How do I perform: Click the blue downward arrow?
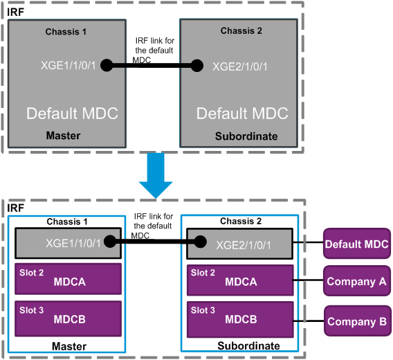(156, 176)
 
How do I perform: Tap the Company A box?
(356, 281)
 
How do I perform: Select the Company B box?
(357, 321)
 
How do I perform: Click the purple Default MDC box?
(356, 244)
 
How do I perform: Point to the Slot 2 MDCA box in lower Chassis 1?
(68, 279)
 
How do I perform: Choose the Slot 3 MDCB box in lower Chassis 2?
(240, 319)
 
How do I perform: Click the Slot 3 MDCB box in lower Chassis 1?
(68, 318)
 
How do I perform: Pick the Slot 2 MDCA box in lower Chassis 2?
(240, 280)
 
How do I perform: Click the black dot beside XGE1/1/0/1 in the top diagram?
(107, 66)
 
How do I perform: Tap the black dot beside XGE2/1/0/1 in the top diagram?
(197, 66)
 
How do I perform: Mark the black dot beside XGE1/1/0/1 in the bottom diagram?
(110, 242)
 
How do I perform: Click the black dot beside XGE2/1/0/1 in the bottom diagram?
(200, 242)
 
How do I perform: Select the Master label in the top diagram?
(63, 136)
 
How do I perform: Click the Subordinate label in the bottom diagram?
(248, 345)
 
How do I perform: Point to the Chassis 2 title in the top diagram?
(241, 30)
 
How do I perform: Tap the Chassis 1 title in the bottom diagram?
(67, 222)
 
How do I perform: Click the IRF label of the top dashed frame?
(15, 12)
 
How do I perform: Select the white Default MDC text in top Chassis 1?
(72, 113)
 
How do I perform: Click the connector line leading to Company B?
(309, 321)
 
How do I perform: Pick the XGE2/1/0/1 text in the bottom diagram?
(244, 245)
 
